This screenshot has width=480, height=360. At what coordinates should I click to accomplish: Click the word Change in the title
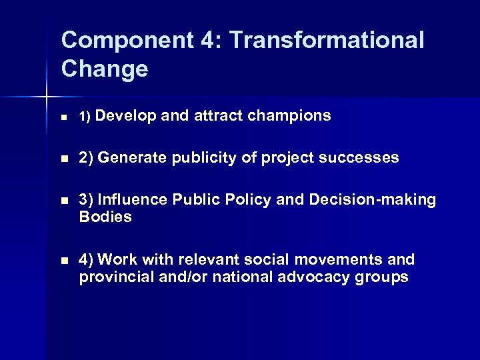[104, 69]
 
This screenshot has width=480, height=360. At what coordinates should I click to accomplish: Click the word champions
[289, 116]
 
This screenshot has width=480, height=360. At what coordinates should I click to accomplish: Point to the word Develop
[128, 116]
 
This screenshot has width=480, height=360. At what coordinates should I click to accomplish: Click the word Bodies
[105, 217]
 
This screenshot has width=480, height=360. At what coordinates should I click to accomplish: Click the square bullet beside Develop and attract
[64, 117]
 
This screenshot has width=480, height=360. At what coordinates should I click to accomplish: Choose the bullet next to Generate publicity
[64, 159]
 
